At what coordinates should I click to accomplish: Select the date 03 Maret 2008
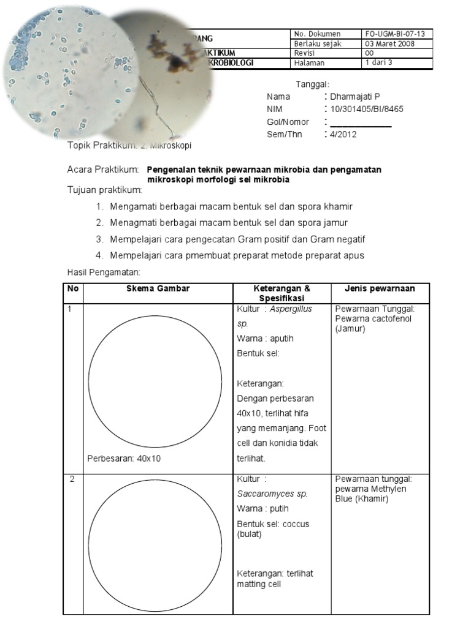pos(389,43)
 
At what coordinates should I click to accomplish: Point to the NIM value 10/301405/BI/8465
pos(367,109)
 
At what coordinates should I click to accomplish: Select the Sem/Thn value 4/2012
pos(343,134)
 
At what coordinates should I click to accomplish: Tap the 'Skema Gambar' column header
pos(158,289)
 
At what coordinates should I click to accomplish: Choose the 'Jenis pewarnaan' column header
pos(380,289)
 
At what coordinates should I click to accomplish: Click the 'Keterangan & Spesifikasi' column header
pos(281,293)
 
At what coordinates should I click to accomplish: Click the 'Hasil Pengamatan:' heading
pos(104,272)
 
